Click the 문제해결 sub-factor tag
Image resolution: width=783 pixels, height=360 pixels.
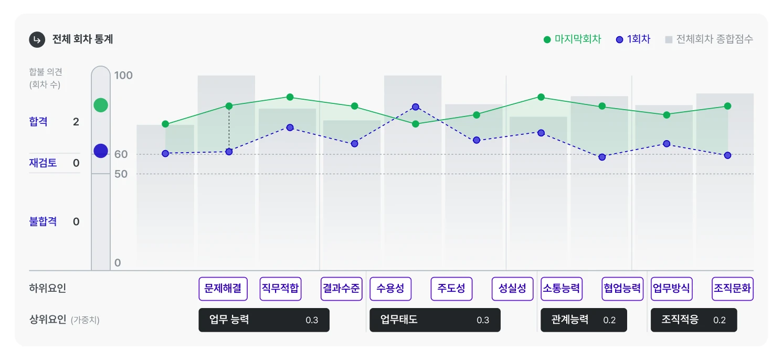tap(223, 289)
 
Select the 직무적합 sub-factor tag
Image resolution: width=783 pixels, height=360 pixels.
tap(280, 289)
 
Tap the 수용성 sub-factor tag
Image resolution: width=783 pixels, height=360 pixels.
tap(390, 289)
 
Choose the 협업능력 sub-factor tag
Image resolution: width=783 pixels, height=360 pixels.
tap(622, 289)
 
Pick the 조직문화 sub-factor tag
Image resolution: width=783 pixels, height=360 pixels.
tap(732, 289)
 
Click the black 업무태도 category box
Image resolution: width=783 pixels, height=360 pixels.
tap(435, 320)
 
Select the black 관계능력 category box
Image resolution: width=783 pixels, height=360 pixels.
tap(584, 320)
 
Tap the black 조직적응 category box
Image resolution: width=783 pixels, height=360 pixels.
tap(693, 320)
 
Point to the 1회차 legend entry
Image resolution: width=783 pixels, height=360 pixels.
tap(633, 39)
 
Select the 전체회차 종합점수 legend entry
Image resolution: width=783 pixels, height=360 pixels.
tap(709, 39)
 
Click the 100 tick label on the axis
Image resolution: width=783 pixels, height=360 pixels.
tap(124, 76)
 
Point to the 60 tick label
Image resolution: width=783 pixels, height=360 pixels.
tap(121, 154)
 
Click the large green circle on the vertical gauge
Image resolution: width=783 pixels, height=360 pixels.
tap(101, 105)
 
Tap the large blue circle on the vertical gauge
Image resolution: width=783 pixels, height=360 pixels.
tap(101, 151)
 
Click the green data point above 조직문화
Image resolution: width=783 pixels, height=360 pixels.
tap(727, 106)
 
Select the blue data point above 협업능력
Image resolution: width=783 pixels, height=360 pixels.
tap(602, 157)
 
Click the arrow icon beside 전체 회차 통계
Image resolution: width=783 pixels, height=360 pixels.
tap(37, 39)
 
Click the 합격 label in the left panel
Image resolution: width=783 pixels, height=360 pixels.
tap(38, 122)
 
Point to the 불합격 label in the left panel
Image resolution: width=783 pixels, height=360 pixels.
tap(43, 221)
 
